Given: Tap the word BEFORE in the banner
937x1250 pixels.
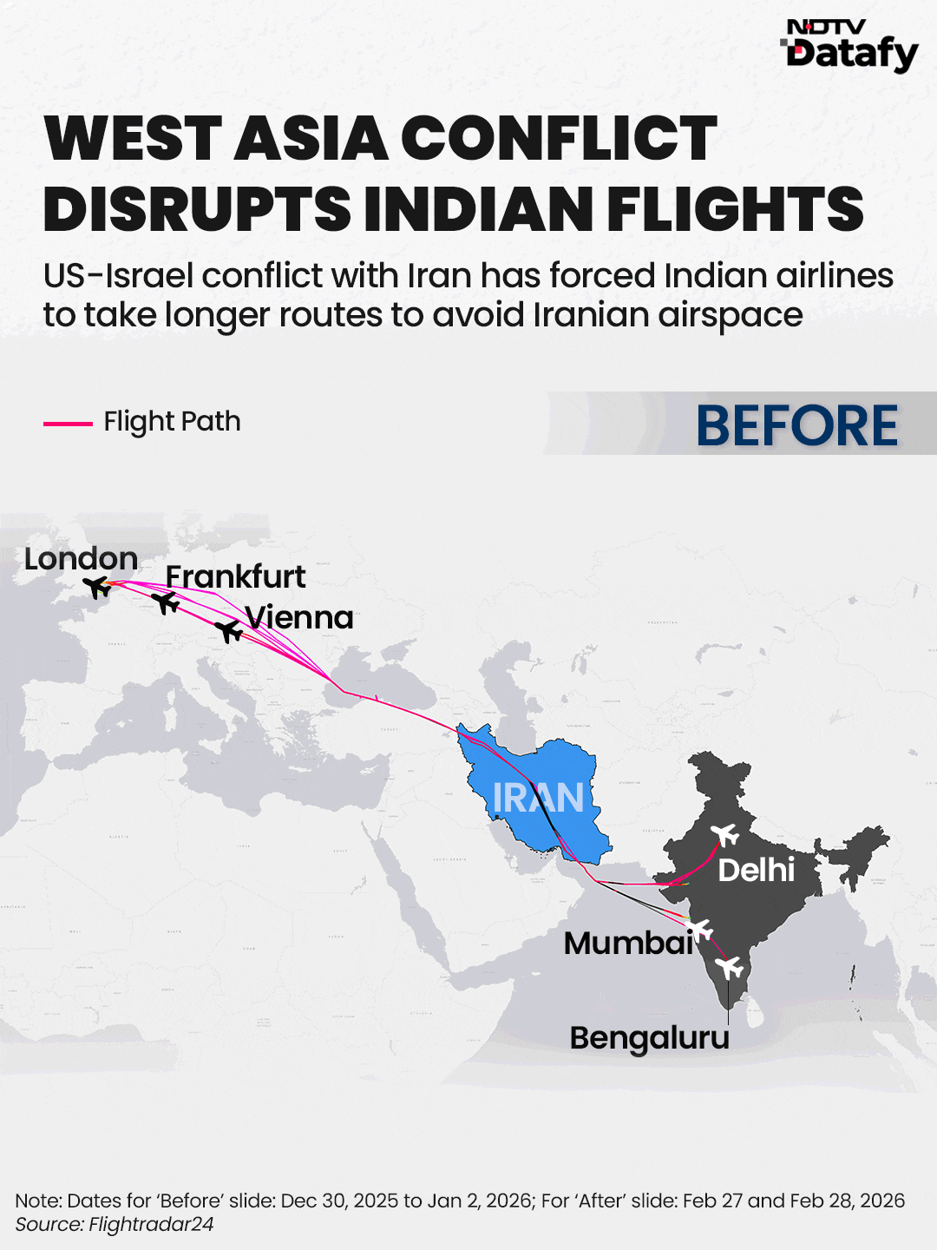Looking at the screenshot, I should pos(796,425).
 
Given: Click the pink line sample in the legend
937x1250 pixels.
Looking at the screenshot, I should pos(68,424).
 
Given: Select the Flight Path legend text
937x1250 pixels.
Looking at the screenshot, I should pos(172,422).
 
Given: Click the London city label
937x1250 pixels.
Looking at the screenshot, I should pos(81,559).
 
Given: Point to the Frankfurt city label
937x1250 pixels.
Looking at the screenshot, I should pos(235,576).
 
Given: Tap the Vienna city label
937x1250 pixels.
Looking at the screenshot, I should pos(299,617).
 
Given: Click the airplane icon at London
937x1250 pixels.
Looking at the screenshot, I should pos(98,588).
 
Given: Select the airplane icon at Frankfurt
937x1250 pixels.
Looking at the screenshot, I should pos(165,602).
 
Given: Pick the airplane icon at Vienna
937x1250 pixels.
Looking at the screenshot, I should pos(229,630).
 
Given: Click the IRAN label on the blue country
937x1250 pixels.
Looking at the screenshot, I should pos(538,798).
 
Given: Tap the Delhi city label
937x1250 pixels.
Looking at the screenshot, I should pos(756,870).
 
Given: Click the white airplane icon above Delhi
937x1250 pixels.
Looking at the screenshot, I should pos(725,835).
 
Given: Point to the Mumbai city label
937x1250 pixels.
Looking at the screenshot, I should pos(628,943).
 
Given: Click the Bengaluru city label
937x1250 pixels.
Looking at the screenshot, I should pos(649,1037).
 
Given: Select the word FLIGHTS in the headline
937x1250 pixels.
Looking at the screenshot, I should pos(736,209).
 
